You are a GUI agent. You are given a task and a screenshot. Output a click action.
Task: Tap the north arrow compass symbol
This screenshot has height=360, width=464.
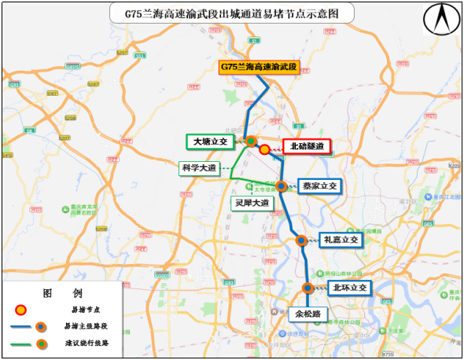pyautogui.click(x=439, y=19)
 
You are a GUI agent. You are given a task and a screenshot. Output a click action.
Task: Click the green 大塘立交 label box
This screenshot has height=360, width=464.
pyautogui.click(x=210, y=141)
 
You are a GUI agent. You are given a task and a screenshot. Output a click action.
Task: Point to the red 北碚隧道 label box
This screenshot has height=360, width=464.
pyautogui.click(x=307, y=146)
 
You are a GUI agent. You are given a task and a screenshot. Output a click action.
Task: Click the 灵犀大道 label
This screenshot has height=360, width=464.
pyautogui.click(x=252, y=202)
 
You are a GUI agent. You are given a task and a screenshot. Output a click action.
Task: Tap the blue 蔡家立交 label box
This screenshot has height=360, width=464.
pyautogui.click(x=319, y=186)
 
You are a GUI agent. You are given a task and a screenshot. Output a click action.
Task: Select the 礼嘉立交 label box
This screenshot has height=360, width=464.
pyautogui.click(x=340, y=240)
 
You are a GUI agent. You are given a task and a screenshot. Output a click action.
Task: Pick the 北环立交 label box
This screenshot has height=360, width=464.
pyautogui.click(x=348, y=288)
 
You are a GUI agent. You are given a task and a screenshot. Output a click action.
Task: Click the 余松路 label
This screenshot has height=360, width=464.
pyautogui.click(x=308, y=314)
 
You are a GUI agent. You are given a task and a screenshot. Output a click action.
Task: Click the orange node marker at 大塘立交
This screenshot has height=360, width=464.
pyautogui.click(x=251, y=141)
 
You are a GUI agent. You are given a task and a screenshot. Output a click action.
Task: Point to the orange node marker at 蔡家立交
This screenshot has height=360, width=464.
pyautogui.click(x=282, y=186)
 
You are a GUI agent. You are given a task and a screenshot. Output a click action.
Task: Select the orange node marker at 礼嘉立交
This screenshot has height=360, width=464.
pyautogui.click(x=300, y=241)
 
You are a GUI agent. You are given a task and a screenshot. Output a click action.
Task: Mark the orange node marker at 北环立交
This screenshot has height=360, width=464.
pyautogui.click(x=308, y=288)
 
